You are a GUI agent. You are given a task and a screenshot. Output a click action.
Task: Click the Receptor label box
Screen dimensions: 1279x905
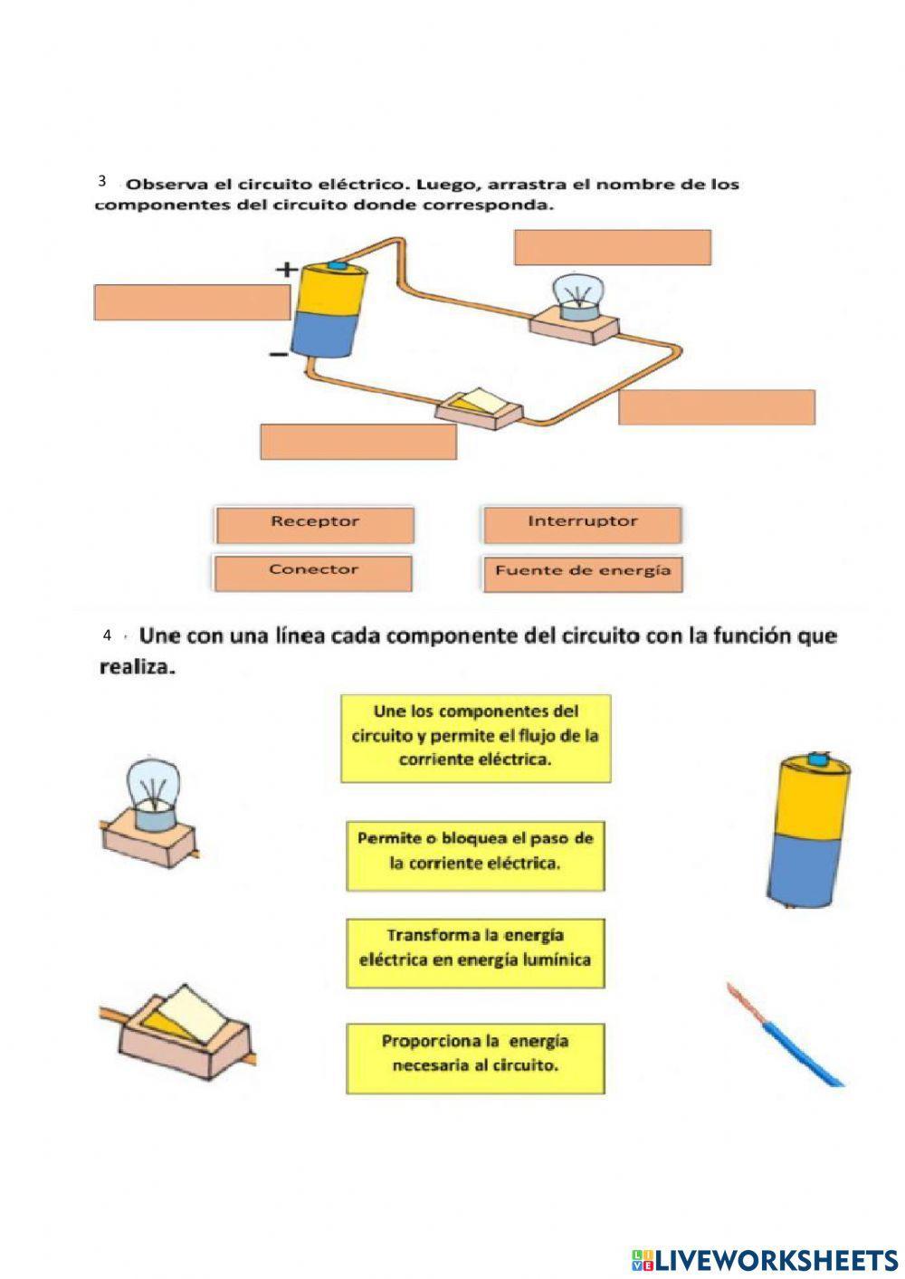[314, 524]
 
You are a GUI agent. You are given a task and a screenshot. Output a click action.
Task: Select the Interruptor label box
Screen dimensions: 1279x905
[582, 524]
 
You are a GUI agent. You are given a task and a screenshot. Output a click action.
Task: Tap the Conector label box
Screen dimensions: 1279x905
[313, 572]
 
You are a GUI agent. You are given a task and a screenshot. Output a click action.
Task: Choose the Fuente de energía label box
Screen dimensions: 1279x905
[582, 573]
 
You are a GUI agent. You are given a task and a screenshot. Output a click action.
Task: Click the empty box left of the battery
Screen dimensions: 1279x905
[192, 302]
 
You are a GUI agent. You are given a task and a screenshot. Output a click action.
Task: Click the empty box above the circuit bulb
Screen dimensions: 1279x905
[612, 247]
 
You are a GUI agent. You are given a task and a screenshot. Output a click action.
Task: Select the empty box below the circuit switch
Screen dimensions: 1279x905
[358, 442]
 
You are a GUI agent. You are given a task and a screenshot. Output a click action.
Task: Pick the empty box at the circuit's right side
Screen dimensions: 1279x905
[717, 407]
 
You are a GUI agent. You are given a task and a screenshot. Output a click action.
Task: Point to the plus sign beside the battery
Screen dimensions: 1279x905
[287, 269]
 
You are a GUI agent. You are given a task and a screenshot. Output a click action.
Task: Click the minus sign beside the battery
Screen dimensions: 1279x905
[279, 355]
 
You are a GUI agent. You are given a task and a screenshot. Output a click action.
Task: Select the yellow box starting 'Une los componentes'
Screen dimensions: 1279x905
[475, 738]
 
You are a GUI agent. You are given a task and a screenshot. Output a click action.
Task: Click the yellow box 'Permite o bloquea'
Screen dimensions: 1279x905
[475, 855]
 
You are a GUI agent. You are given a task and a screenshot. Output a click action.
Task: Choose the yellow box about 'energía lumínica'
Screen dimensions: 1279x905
[475, 953]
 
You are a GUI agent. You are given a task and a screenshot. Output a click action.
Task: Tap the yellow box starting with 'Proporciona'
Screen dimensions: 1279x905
[475, 1057]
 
